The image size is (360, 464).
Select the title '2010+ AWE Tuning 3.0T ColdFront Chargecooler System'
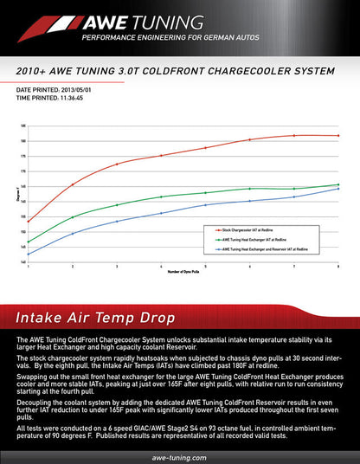tap(180, 73)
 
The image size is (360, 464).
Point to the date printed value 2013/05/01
tap(80, 90)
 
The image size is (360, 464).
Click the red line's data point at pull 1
tap(28, 222)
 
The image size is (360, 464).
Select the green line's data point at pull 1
tap(28, 242)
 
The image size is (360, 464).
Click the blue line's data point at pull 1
tap(28, 255)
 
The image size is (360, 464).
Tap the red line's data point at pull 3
tap(117, 164)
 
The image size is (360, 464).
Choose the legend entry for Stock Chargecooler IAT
tap(251, 229)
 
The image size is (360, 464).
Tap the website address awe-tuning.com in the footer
tap(179, 456)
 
